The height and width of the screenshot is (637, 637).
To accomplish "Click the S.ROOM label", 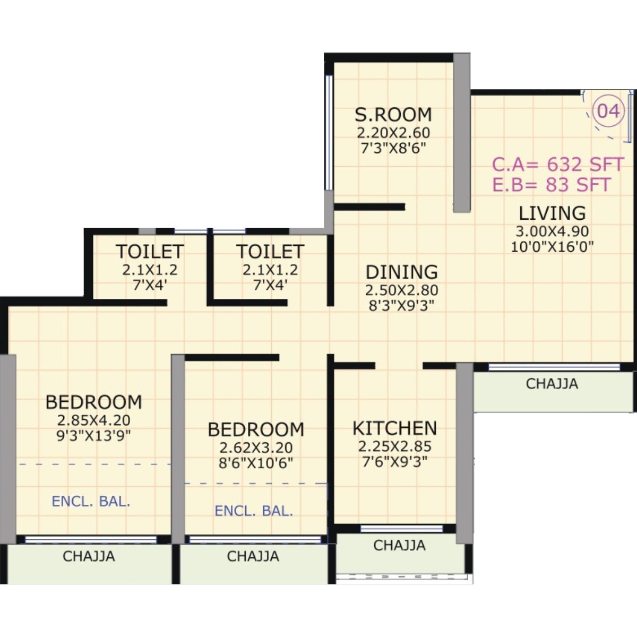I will coord(393,115).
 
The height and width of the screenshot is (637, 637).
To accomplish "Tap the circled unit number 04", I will coord(608,111).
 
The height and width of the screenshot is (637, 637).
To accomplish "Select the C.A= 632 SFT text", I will coord(557,165).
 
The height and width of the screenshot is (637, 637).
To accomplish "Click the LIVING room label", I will coord(552,213).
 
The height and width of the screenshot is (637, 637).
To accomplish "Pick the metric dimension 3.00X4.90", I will coord(552,231).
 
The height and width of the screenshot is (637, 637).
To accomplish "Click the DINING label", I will coord(401,272).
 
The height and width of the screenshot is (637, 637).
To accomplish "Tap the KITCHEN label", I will coord(394,428).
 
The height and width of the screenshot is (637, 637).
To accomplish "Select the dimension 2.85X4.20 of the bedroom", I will coord(93,420).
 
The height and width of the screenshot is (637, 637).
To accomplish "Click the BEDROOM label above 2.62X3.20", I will coord(255,429).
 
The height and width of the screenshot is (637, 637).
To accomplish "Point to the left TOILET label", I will coord(150,251).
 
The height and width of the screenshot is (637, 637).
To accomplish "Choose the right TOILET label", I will coord(270,251).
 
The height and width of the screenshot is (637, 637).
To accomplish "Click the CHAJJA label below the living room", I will coord(552,384).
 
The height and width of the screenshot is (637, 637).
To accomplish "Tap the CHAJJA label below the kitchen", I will coord(399,545).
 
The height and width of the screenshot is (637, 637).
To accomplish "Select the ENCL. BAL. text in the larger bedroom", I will coord(91,501).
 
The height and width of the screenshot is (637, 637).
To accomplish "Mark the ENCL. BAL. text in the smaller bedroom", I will coord(254,511).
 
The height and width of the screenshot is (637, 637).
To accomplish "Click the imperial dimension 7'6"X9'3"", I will coord(394,461).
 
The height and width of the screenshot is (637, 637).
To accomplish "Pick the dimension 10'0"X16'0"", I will coord(552,246).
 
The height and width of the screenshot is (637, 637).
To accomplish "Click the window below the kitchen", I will coord(401,529).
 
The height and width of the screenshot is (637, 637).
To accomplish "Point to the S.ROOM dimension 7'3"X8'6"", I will coord(393,148).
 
